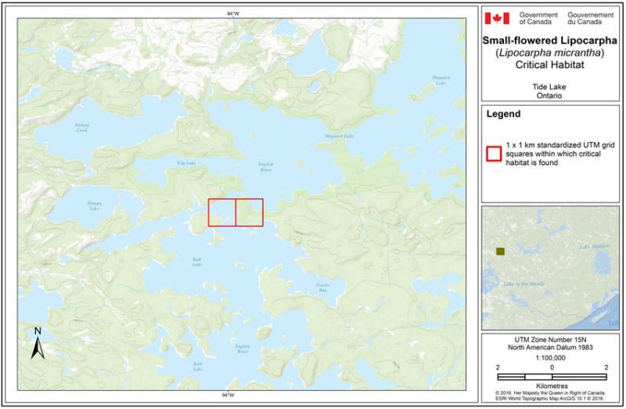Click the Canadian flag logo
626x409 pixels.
(x=497, y=18)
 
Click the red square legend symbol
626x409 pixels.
(x=494, y=152)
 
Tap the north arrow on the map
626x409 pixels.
(x=36, y=344)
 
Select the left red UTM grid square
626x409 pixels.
(x=221, y=213)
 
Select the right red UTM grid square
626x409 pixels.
(x=250, y=213)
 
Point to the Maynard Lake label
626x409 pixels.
(x=441, y=80)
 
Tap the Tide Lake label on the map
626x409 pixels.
(x=185, y=163)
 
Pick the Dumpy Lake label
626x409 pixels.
(x=93, y=206)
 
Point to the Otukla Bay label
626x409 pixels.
(x=322, y=287)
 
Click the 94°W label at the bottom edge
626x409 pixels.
(x=228, y=396)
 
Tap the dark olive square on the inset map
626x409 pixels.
(x=501, y=251)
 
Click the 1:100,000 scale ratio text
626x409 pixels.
(x=552, y=356)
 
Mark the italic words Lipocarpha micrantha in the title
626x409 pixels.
(x=553, y=52)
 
